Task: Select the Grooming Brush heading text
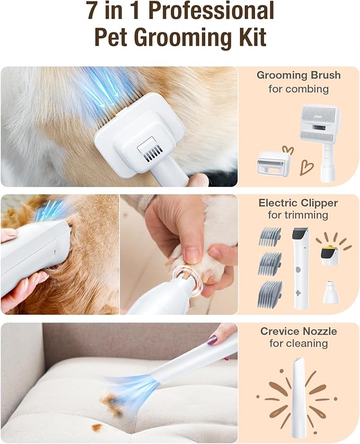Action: pyautogui.click(x=298, y=75)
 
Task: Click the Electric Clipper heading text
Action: pyautogui.click(x=298, y=203)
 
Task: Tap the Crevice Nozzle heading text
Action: pyautogui.click(x=298, y=332)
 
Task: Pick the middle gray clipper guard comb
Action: pyautogui.click(x=270, y=264)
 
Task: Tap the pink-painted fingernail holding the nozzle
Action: pyautogui.click(x=213, y=339)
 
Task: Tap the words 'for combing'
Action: pyautogui.click(x=298, y=89)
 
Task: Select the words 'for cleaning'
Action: pyautogui.click(x=298, y=344)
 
